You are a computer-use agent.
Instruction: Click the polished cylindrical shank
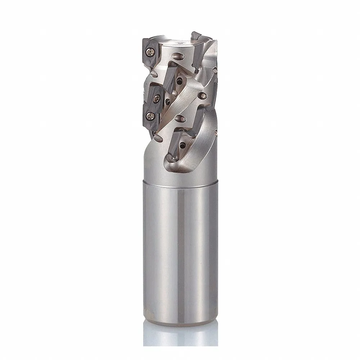[x=180, y=252]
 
